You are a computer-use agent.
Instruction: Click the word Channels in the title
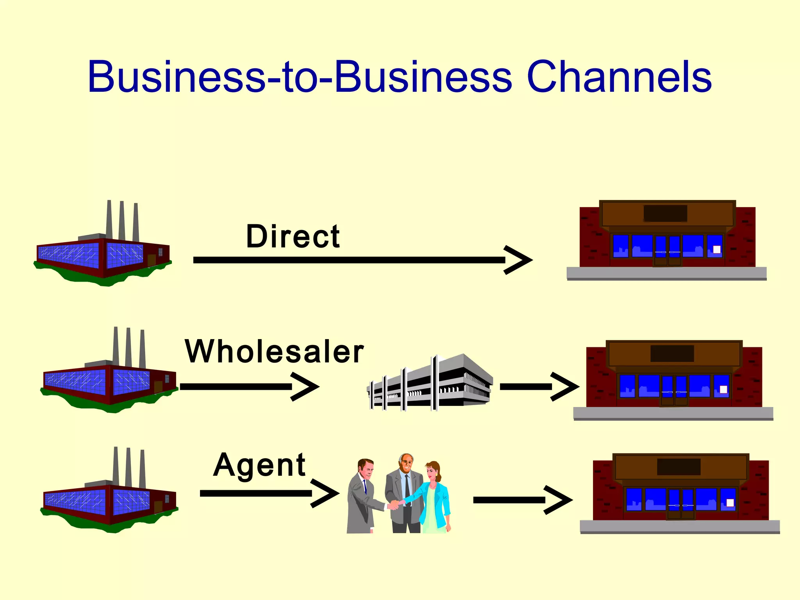click(x=619, y=77)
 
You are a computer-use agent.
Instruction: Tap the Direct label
click(x=293, y=237)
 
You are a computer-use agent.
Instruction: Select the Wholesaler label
click(x=274, y=351)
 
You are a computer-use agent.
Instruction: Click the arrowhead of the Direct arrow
click(x=519, y=260)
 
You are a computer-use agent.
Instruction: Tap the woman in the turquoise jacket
click(x=434, y=498)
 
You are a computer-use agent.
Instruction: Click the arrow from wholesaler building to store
click(x=539, y=386)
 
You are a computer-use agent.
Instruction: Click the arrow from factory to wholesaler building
click(x=250, y=386)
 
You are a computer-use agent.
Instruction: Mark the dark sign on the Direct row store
click(x=665, y=213)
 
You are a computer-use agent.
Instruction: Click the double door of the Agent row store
click(x=681, y=504)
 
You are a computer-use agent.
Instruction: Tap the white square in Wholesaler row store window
click(x=723, y=389)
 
